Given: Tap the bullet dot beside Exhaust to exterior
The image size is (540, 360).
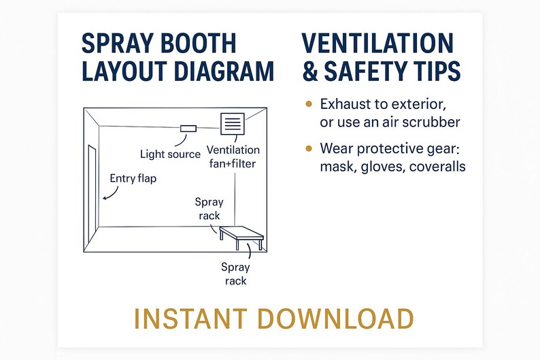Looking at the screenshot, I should point(309,104).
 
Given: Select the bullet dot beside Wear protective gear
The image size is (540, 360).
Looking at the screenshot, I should point(309,148).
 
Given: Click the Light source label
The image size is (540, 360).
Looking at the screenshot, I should point(170,154).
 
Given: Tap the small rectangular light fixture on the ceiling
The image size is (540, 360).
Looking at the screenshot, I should point(188,129).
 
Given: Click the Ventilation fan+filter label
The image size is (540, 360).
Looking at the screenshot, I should point(233,157).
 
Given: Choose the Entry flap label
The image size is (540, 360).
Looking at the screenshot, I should point(133,178).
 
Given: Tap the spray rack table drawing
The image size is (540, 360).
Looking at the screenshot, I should point(241,234).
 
